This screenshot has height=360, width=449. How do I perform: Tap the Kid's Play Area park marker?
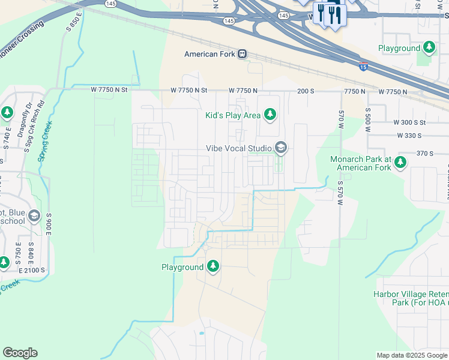[x=270, y=115]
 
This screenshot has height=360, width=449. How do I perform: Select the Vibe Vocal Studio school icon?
[x=280, y=148]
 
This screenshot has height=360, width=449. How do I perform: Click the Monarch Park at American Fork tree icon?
[x=400, y=162]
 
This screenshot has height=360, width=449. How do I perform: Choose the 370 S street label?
[x=425, y=154]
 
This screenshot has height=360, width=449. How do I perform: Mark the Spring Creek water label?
[x=44, y=140]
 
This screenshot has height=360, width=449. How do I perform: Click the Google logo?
[x=20, y=353]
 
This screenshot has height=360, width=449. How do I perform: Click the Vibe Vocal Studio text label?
[x=239, y=148]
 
